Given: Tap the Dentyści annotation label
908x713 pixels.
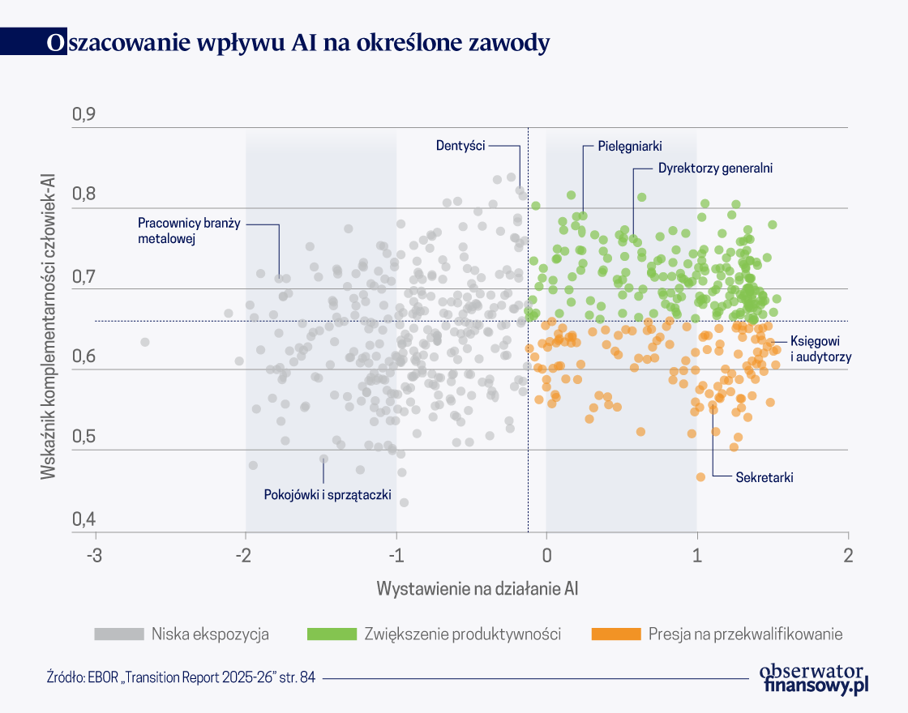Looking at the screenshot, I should pyautogui.click(x=460, y=146).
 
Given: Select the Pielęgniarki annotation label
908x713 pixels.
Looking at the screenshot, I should pyautogui.click(x=630, y=146).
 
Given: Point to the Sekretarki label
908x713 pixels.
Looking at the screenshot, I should pyautogui.click(x=764, y=477).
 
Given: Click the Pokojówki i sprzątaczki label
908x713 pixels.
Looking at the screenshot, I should pyautogui.click(x=328, y=494).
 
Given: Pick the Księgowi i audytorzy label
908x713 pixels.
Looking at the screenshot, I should pyautogui.click(x=820, y=349).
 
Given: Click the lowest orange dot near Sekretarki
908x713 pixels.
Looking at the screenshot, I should pyautogui.click(x=700, y=477).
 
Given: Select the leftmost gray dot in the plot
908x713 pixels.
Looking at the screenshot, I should pyautogui.click(x=145, y=342).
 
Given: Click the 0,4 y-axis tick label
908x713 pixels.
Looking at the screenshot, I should pyautogui.click(x=84, y=519).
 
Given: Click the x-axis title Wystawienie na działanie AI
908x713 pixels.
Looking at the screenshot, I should pyautogui.click(x=477, y=588).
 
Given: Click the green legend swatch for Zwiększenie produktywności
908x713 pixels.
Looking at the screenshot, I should pyautogui.click(x=331, y=634).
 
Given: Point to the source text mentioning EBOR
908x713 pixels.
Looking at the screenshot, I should pyautogui.click(x=181, y=678).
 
